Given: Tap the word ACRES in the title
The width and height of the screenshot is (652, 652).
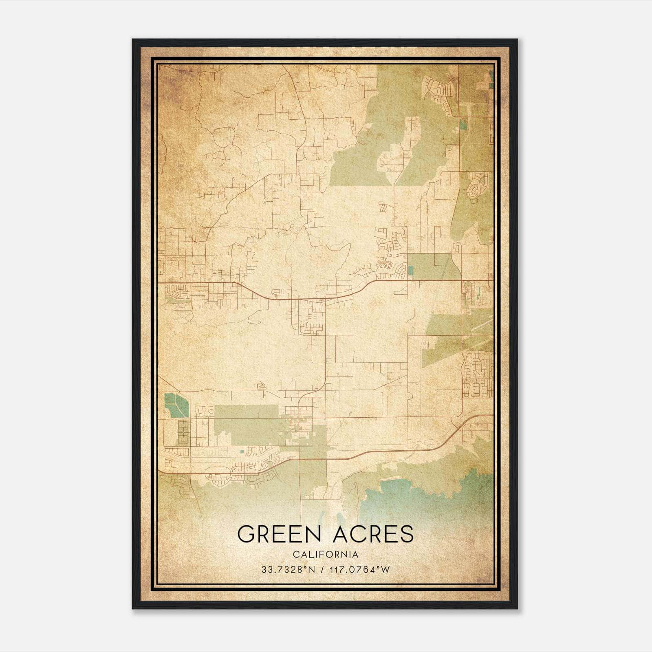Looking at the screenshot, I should point(373,534).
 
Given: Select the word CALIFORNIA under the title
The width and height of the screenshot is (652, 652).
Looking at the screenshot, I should point(326,555).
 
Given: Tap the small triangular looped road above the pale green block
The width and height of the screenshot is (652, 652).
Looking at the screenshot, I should point(261,385).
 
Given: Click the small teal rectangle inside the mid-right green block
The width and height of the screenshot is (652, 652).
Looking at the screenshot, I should point(410,270).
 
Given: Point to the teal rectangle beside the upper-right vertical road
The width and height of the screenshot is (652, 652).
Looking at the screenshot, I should point(464,124).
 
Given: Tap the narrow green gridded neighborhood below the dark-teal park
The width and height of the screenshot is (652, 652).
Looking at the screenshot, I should point(184,433).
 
